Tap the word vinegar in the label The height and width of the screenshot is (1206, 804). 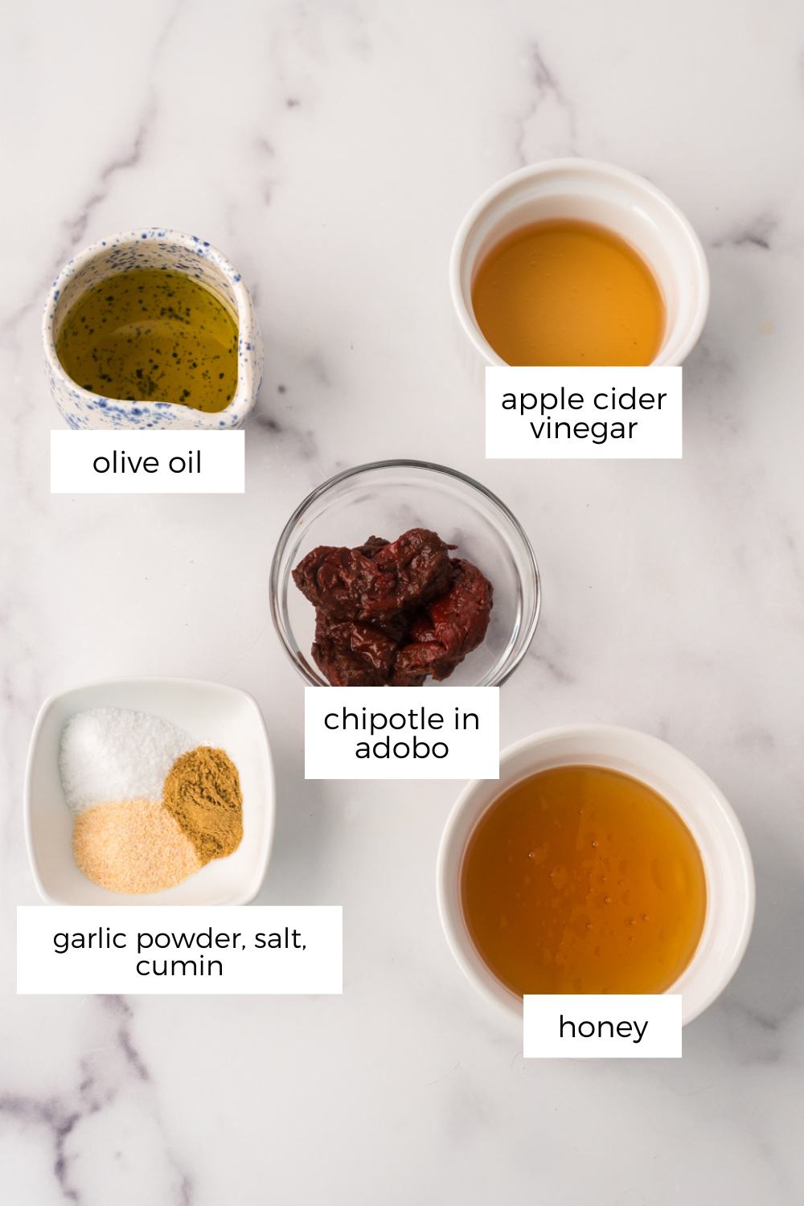tap(584, 429)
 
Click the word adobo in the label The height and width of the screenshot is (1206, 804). tap(401, 749)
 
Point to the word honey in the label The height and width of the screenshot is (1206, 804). tap(602, 1027)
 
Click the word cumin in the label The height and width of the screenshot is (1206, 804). tap(179, 966)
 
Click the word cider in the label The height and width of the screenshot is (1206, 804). tap(629, 399)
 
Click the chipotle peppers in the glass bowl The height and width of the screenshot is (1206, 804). tap(394, 603)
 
